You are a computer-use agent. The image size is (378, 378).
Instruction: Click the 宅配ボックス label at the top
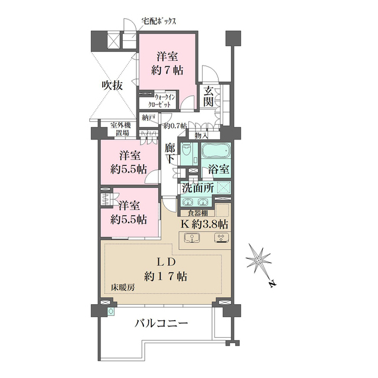(x=159, y=22)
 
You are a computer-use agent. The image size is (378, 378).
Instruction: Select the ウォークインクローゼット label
(x=163, y=100)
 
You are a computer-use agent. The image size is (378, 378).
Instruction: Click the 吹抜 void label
(x=111, y=85)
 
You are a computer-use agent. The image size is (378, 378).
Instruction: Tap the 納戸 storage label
(x=149, y=118)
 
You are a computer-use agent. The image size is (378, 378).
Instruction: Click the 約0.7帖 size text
(x=175, y=125)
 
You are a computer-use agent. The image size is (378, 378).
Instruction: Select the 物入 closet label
(x=201, y=136)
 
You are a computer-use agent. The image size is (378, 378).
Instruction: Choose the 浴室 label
(x=219, y=169)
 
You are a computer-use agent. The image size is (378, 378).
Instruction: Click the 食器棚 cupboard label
(x=197, y=214)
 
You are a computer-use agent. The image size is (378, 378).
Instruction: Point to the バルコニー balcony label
(x=161, y=324)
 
